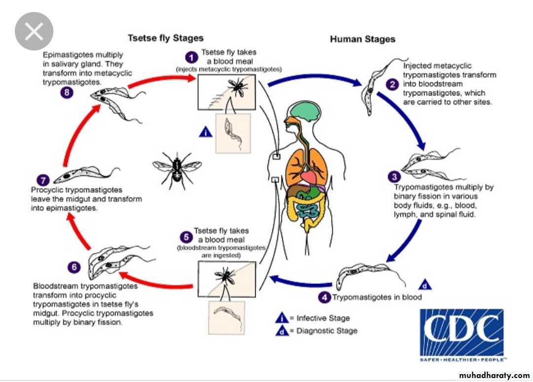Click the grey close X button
click(34, 32)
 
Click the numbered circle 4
click(324, 297)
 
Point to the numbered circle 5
click(185, 236)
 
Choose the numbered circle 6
click(74, 267)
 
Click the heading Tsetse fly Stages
click(165, 38)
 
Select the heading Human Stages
click(363, 39)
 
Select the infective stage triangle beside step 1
click(205, 132)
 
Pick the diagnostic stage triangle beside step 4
click(425, 285)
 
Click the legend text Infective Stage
click(323, 318)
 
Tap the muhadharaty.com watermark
click(494, 376)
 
